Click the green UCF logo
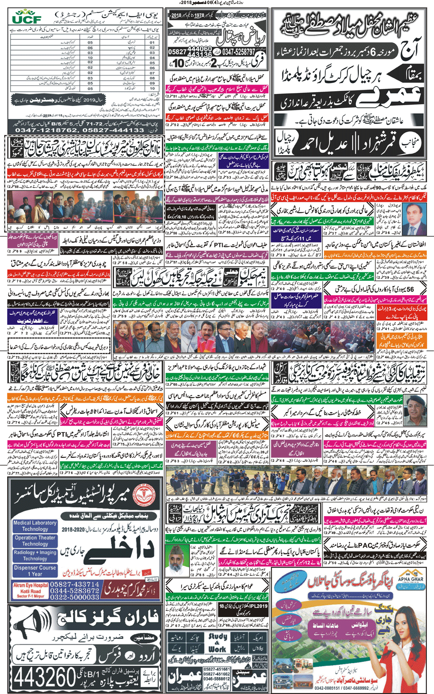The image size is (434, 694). [x=27, y=18]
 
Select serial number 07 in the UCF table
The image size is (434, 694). [x=152, y=73]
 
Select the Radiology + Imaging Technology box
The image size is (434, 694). [x=35, y=555]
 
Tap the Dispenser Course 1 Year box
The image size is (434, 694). [x=35, y=570]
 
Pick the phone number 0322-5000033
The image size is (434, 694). [x=75, y=597]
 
